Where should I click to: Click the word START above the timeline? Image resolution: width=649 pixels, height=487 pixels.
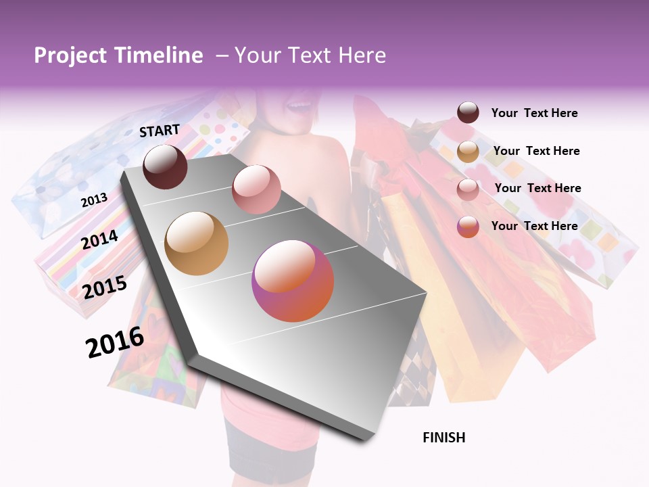coord(160,131)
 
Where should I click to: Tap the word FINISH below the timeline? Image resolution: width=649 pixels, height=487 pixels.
coord(443,438)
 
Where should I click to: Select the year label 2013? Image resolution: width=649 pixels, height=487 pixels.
coord(94,200)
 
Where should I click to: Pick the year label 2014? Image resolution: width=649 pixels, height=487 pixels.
coord(100,239)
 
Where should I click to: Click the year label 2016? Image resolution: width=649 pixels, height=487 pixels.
coord(115,342)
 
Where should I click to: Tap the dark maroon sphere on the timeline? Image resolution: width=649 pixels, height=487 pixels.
coord(165,166)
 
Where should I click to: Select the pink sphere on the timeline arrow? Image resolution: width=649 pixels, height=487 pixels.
coord(256,189)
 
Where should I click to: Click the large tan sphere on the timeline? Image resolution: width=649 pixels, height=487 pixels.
coord(197,243)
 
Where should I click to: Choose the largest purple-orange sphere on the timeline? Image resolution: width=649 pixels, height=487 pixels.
coord(293,281)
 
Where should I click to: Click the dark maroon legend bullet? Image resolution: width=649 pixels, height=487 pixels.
coord(468,113)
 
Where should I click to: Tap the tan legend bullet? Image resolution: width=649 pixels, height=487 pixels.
coord(468,152)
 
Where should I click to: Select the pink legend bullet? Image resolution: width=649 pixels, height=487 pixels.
coord(468,189)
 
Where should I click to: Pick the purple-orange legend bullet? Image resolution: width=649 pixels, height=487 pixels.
coord(468,227)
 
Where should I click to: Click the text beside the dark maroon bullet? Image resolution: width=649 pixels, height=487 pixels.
coord(534,113)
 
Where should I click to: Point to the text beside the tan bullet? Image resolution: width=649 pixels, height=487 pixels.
coord(536,151)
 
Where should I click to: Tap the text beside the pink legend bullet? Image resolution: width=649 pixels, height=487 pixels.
coord(537,188)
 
